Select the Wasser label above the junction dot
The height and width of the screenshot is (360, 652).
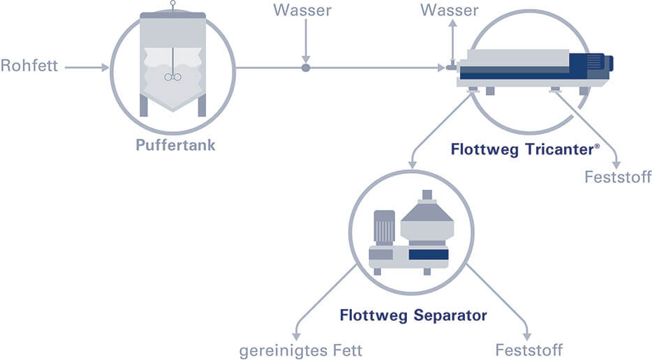302,10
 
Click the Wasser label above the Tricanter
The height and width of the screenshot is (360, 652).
450,10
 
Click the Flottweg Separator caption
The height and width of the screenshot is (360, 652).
413,315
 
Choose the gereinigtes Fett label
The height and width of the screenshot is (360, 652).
301,350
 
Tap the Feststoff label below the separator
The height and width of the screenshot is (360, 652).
528,350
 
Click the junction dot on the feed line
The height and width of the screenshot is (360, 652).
305,68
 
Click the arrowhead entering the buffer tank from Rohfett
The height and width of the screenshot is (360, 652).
105,68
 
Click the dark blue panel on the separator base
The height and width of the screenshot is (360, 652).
428,254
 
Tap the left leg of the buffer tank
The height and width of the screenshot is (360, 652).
144,105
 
